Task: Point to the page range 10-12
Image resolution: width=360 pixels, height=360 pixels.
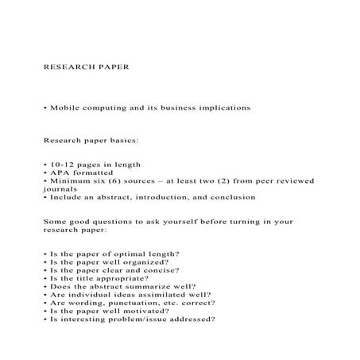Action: (x=58, y=165)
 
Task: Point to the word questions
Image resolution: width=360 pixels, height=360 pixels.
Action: (x=110, y=223)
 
